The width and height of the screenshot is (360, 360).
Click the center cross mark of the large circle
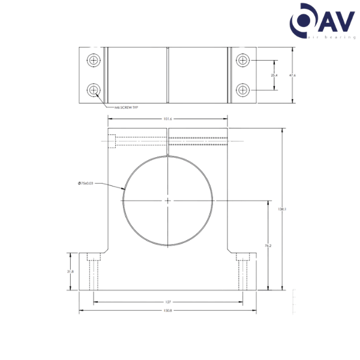[x=168, y=199]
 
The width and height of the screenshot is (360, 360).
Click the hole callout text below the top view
[x=123, y=108]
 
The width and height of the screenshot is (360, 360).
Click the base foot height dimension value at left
[x=70, y=271]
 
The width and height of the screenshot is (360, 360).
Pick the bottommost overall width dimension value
[x=168, y=311]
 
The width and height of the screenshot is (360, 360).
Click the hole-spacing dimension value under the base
[x=168, y=301]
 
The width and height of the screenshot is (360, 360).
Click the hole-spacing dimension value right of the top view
[x=274, y=75]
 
